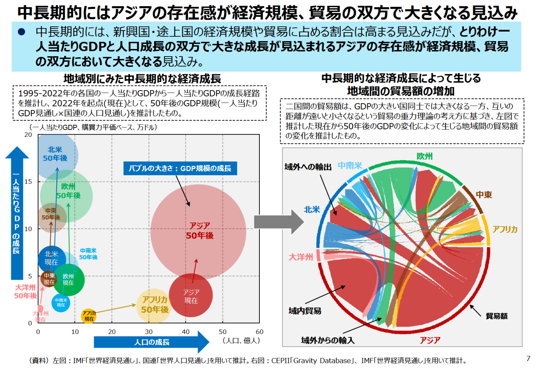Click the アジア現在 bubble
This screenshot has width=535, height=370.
pyautogui.click(x=191, y=296)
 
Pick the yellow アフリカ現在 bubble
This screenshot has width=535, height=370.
pyautogui.click(x=89, y=316)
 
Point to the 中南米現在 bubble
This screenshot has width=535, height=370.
pyautogui.click(x=61, y=303)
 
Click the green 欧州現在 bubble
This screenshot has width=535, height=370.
pyautogui.click(x=69, y=280)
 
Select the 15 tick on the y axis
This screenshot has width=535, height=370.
pyautogui.click(x=28, y=182)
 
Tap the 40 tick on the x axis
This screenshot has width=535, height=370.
pyautogui.click(x=186, y=332)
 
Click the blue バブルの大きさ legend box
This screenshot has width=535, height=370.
pyautogui.click(x=180, y=168)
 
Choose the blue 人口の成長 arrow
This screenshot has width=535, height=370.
pyautogui.click(x=152, y=342)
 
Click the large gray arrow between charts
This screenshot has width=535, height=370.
pyautogui.click(x=279, y=222)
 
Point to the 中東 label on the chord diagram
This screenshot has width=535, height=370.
pyautogui.click(x=484, y=195)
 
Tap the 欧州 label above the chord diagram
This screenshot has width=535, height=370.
pyautogui.click(x=424, y=156)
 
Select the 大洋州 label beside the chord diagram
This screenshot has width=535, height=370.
pyautogui.click(x=301, y=257)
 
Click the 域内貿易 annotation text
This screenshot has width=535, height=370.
pyautogui.click(x=305, y=311)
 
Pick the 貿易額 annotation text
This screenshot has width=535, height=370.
pyautogui.click(x=496, y=316)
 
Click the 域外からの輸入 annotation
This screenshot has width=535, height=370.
pyautogui.click(x=328, y=340)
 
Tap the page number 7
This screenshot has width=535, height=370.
pyautogui.click(x=528, y=358)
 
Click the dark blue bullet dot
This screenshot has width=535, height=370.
pyautogui.click(x=22, y=32)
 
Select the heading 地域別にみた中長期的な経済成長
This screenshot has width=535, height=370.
pyautogui.click(x=142, y=79)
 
